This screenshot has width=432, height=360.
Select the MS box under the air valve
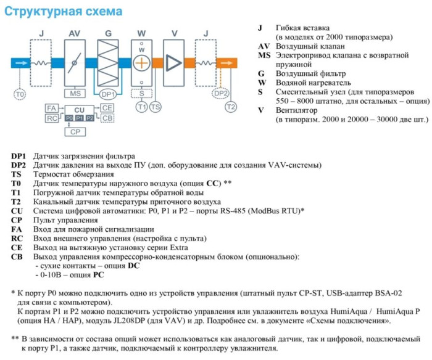[x=76, y=93]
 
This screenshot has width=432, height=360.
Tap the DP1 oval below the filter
[x=108, y=94]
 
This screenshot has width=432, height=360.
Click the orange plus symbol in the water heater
[x=143, y=63]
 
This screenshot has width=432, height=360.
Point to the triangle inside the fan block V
[x=175, y=63]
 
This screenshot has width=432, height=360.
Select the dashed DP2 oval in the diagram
[x=220, y=93]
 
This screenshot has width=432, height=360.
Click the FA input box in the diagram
[x=52, y=108]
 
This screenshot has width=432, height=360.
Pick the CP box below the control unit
[x=75, y=132]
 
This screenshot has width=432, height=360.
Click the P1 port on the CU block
[x=79, y=117]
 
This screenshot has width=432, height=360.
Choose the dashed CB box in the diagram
[x=107, y=117]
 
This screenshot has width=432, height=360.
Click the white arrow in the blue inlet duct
[x=20, y=63]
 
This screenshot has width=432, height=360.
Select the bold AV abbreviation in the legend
[x=264, y=46]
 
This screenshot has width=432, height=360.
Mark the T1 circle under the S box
[x=143, y=107]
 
